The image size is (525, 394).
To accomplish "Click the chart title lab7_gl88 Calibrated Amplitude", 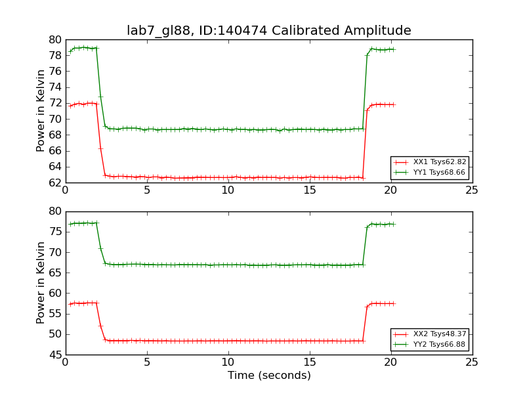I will [268, 31].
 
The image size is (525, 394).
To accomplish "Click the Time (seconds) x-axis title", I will [269, 376].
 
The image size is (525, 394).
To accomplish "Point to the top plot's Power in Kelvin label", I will [41, 110].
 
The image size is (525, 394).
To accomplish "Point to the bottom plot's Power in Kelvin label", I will [41, 282].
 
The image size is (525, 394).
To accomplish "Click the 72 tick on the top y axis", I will [54, 103].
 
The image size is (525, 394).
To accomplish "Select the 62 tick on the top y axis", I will [54, 183].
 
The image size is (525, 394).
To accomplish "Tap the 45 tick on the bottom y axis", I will [54, 355].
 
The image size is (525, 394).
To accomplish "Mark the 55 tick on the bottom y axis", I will [54, 314].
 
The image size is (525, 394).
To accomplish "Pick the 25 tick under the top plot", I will [472, 190].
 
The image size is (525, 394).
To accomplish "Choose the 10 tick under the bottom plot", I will [228, 362].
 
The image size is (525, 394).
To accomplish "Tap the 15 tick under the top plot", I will [309, 190].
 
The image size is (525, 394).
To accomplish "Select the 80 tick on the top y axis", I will [54, 39].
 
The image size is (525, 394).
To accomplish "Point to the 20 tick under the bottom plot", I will [390, 362].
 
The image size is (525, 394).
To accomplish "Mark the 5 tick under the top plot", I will [147, 190].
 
